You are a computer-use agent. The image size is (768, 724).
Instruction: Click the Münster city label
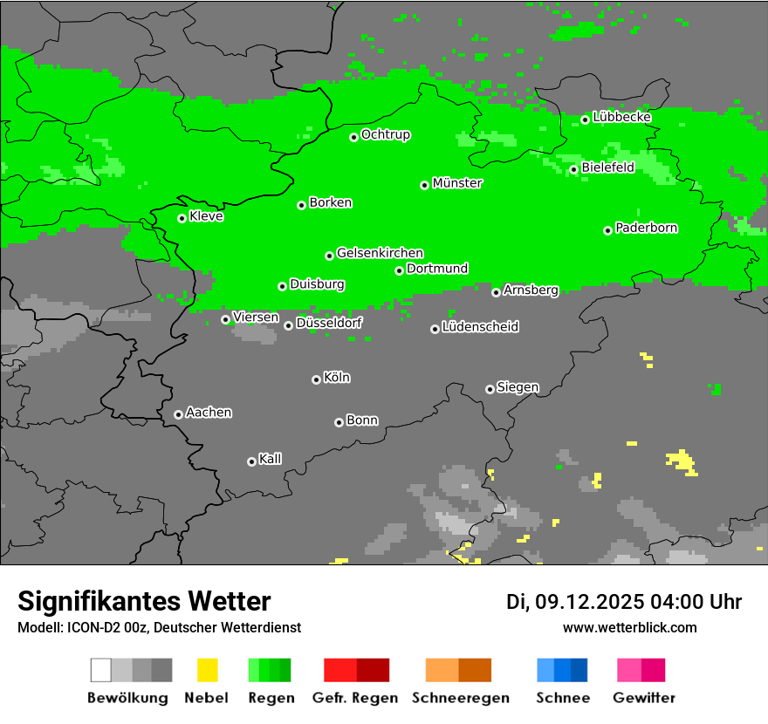coord(457,183)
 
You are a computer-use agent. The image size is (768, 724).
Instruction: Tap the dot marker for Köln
coord(316,379)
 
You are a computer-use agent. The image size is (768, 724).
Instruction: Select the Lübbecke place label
coord(622,117)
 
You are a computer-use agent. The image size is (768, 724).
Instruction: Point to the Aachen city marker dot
coord(178,414)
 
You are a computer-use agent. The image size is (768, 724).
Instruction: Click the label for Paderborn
coord(647,228)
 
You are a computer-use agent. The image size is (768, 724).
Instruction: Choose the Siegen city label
coord(518,387)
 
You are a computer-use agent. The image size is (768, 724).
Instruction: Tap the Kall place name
coord(271,459)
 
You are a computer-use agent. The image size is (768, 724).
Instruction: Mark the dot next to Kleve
coord(182,218)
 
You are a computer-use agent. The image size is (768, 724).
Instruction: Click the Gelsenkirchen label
coord(380,253)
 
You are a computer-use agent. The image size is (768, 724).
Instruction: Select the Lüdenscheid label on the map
coord(480,327)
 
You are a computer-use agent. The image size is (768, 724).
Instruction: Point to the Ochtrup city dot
coord(353,137)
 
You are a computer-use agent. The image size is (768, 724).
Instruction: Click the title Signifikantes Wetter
coord(144,601)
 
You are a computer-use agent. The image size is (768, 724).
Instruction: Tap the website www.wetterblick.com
coord(630,627)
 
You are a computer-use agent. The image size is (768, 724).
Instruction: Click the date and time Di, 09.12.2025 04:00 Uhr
coord(624,602)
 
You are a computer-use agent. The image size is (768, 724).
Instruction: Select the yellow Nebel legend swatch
coord(207,670)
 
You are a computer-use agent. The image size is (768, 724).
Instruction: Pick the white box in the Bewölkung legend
coord(101,670)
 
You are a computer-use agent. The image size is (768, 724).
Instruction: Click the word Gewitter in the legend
coord(643,698)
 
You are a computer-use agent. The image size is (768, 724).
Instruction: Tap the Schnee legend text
coord(563,698)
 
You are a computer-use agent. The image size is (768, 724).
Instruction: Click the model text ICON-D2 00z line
coord(159,627)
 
